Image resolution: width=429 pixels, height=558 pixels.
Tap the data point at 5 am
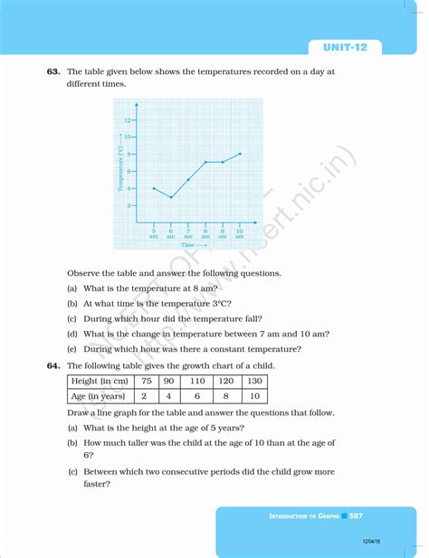(x=154, y=188)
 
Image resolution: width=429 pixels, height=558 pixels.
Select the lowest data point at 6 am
(x=171, y=197)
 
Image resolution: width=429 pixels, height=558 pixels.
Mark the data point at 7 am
(x=188, y=179)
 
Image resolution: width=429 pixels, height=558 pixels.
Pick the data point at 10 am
(x=241, y=154)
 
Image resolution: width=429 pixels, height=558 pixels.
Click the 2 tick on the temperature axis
(x=129, y=205)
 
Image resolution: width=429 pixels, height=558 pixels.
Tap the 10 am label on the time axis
(x=240, y=233)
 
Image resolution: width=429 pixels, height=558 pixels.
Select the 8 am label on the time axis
(x=205, y=233)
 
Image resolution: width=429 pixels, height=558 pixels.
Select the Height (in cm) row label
(x=100, y=381)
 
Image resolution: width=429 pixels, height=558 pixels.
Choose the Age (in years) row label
(x=100, y=396)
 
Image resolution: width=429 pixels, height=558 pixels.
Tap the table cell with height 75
(x=145, y=381)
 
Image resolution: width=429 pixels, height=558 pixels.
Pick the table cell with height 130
(x=254, y=381)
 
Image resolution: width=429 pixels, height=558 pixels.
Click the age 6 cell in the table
(x=197, y=396)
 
